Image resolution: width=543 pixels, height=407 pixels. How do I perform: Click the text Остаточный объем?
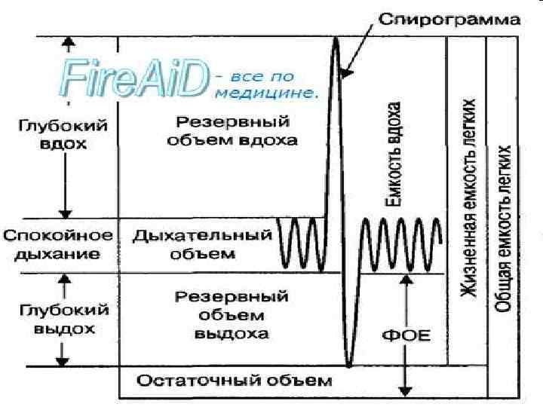(x=234, y=381)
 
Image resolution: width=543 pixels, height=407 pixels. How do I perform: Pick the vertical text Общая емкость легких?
(x=504, y=230)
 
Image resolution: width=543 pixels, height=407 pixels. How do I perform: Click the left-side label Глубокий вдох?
(x=63, y=135)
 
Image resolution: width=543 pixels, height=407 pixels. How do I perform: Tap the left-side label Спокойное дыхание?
(x=58, y=245)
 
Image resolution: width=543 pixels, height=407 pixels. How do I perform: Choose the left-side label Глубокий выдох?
(x=64, y=320)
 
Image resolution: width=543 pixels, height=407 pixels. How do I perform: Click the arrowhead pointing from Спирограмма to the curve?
(x=345, y=72)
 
